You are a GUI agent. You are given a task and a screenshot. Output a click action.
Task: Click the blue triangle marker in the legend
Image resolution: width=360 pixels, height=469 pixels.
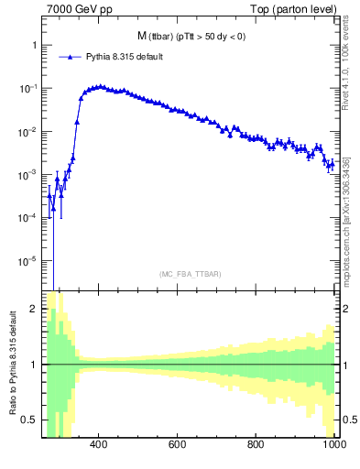(68, 57)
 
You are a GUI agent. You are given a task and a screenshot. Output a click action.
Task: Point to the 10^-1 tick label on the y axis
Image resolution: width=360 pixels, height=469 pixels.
(27, 89)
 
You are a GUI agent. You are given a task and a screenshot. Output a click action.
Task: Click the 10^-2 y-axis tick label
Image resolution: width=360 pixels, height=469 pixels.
(27, 132)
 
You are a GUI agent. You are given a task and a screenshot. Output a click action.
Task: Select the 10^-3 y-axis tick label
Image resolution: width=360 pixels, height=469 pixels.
(27, 175)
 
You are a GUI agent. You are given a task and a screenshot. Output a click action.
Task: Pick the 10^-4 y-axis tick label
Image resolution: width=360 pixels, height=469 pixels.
(27, 218)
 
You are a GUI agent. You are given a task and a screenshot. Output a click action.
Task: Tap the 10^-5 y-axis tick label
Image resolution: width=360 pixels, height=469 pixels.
(27, 261)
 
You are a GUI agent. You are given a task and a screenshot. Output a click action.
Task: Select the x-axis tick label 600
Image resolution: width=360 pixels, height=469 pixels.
(178, 444)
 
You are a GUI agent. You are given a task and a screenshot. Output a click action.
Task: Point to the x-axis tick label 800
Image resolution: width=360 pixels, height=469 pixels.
(256, 444)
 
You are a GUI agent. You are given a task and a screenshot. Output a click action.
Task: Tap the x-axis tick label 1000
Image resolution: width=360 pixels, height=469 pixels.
(333, 444)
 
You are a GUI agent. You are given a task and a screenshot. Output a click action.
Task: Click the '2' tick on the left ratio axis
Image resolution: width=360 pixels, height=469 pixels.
(33, 309)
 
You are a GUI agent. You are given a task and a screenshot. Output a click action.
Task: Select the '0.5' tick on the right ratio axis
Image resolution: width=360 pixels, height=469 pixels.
(347, 420)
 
